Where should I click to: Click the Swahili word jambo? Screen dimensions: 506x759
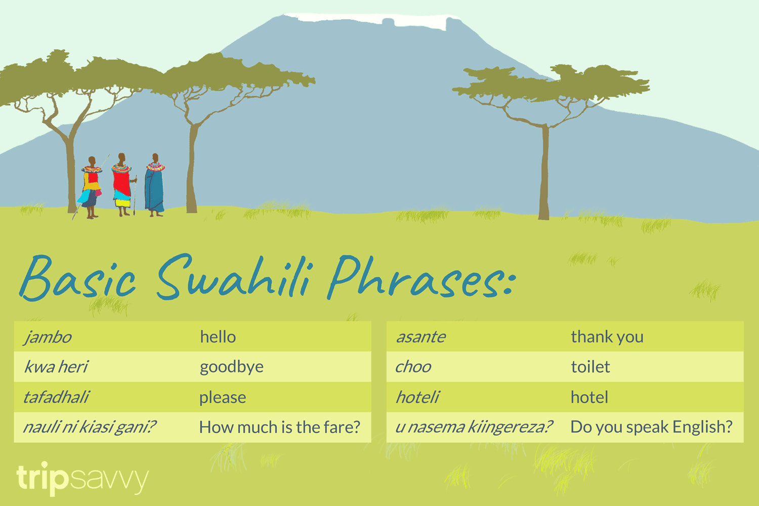48,337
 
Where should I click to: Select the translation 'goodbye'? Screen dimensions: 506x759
231,367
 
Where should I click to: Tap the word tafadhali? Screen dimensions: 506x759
56,397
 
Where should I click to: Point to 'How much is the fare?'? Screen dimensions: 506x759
279,427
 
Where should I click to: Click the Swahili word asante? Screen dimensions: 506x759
420,337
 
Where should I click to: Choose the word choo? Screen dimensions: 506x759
413,367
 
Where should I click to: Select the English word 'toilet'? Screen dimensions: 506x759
590,367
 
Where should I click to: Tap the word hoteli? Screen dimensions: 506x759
417,397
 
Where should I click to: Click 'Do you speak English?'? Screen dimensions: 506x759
651,427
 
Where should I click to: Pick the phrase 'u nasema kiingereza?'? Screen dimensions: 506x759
474,427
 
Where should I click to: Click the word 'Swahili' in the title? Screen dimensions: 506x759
234,278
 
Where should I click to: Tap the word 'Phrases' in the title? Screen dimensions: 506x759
420,278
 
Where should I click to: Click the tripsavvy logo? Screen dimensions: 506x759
82,478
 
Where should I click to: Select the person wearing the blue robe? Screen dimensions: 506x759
154,187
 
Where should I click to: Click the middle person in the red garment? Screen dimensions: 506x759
121,185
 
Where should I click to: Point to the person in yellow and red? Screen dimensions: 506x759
91,187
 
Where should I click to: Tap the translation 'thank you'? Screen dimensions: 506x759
607,337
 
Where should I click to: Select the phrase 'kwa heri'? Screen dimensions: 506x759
56,367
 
